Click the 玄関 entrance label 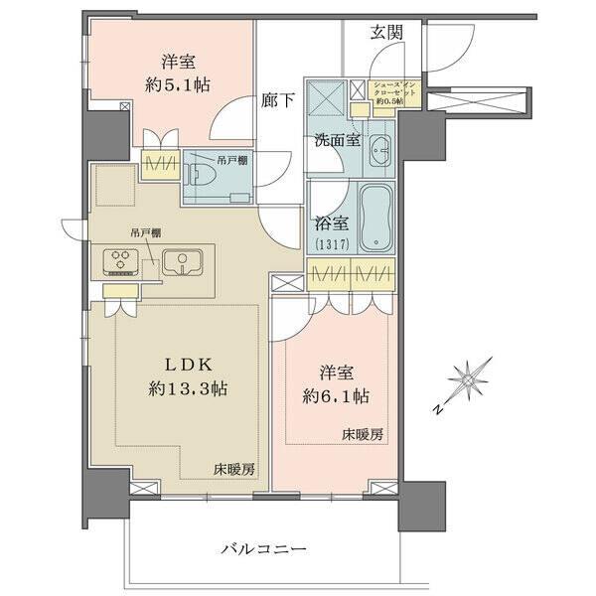[x=387, y=32]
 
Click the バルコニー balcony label [x=263, y=548]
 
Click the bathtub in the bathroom [x=374, y=218]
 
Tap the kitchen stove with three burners [x=122, y=263]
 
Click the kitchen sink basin [x=183, y=263]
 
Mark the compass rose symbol [x=466, y=377]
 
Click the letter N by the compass [x=436, y=408]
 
